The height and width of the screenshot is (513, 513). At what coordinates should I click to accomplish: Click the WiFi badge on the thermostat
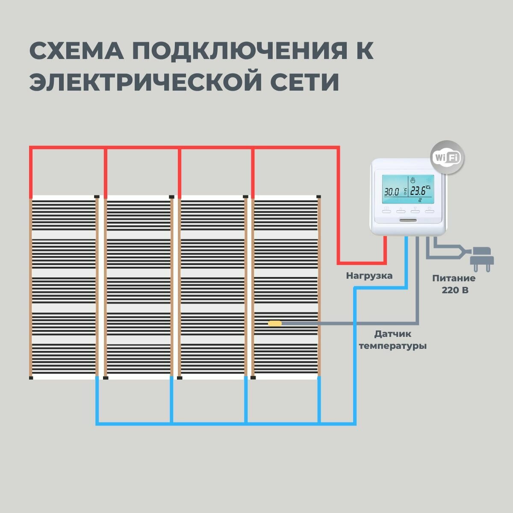tap(447, 157)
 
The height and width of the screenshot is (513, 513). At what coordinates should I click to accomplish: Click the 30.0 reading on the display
tap(392, 192)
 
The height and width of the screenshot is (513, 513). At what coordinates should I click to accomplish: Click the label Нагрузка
tap(369, 276)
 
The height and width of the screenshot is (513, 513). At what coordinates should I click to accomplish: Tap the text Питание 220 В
tap(454, 284)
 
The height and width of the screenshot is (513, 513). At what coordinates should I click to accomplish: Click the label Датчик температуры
tap(393, 339)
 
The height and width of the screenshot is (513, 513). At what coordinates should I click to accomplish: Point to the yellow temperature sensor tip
tap(275, 324)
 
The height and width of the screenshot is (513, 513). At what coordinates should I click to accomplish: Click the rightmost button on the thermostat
tap(429, 210)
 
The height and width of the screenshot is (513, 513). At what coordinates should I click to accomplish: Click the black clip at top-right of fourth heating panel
tap(318, 197)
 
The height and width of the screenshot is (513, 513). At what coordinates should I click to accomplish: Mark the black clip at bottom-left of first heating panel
tap(31, 378)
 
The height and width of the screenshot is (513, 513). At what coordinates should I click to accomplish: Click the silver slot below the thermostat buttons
tap(408, 221)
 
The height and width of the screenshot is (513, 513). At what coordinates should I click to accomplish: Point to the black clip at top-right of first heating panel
tap(97, 197)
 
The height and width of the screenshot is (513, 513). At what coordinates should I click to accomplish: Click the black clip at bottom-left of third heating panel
tap(179, 378)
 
